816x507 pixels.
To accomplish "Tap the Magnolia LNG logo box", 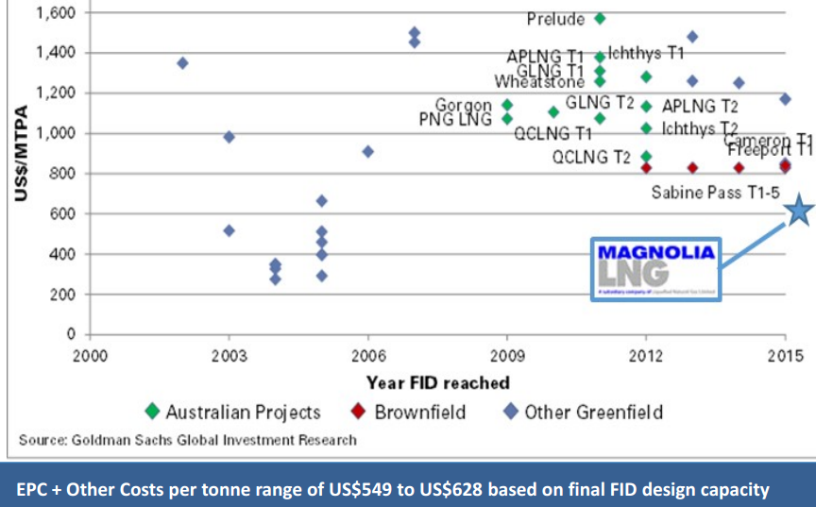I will [655, 268].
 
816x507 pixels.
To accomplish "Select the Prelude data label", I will [555, 19].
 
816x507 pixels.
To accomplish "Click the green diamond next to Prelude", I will [600, 19].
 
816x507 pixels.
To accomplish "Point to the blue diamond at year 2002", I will [182, 63].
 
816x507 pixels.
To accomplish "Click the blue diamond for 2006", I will [367, 151].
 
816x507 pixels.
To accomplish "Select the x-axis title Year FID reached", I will [438, 382].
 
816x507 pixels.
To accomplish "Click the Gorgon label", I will [464, 105].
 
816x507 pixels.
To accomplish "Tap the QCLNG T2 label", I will [591, 157].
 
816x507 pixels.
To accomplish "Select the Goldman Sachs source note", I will [188, 440].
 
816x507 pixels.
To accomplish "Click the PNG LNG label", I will [455, 120].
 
